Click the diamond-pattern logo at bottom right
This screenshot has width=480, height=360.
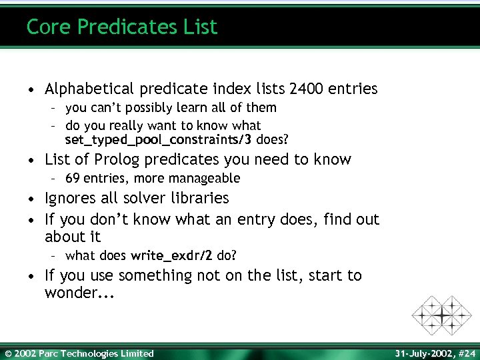[441, 314]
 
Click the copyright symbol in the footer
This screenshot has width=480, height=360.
[8, 353]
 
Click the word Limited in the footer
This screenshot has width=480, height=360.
[136, 353]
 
